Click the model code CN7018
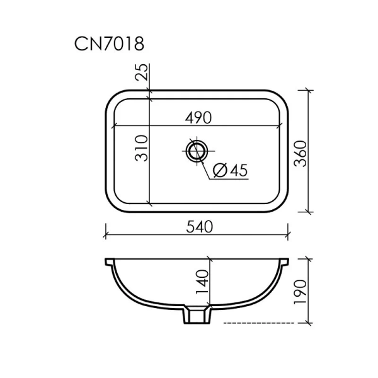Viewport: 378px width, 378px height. (x=110, y=44)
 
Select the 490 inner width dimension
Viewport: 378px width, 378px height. (x=197, y=118)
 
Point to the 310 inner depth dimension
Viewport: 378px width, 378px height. (x=142, y=148)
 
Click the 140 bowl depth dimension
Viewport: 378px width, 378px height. (x=203, y=283)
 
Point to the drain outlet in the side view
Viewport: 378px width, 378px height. (x=195, y=315)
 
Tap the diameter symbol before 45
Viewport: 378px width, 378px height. (x=220, y=170)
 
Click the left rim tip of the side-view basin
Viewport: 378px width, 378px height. (x=106, y=259)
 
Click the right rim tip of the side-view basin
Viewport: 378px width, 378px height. (x=287, y=259)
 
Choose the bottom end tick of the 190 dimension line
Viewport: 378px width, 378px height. (x=309, y=324)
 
